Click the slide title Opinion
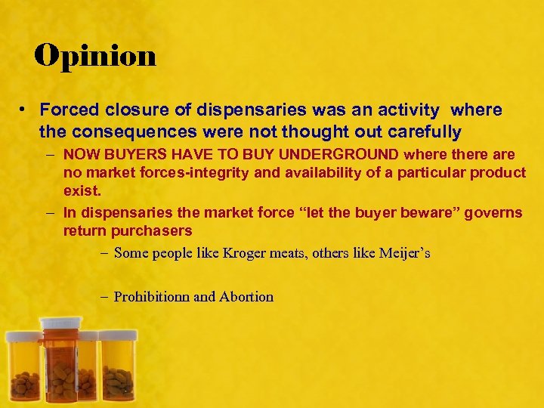95,55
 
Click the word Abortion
246,297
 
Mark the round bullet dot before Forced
25,110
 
